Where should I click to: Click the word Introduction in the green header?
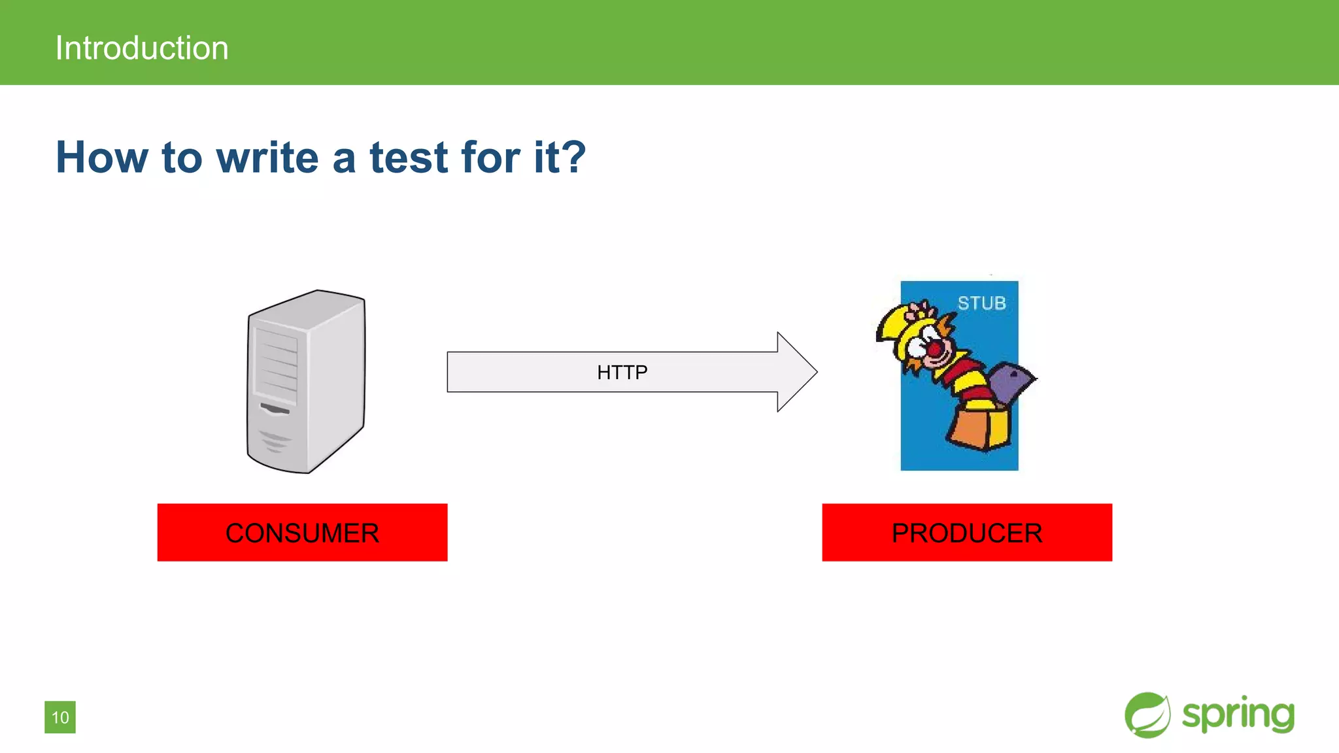coord(142,48)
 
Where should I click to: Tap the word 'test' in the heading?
coord(409,158)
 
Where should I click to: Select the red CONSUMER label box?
coord(302,532)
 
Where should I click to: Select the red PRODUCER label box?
coord(966,532)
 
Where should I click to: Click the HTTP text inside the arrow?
coord(622,372)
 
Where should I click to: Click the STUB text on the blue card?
coord(981,303)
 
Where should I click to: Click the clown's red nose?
coord(935,350)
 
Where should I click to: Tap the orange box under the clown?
coord(979,428)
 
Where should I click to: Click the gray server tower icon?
coord(306,381)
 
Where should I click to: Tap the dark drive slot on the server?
coord(275,409)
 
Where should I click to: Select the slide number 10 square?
coord(60,717)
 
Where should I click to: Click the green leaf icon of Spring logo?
coord(1147,715)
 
